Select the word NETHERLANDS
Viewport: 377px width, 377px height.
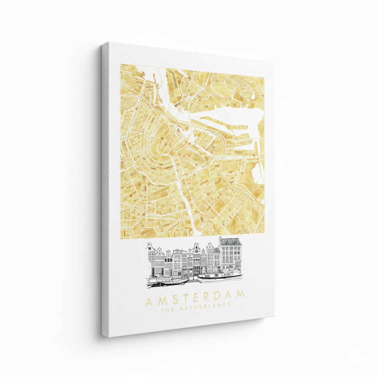tap(205, 306)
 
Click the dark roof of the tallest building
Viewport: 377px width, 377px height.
tap(230, 242)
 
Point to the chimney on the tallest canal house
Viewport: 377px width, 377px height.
tap(220, 239)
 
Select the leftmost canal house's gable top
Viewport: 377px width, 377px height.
tap(149, 246)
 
